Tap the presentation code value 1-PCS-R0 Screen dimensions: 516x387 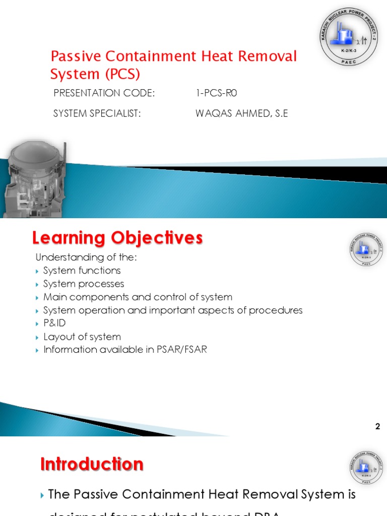click(x=216, y=93)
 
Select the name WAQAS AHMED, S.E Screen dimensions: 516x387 click(x=241, y=113)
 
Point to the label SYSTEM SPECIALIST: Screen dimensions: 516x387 click(x=97, y=113)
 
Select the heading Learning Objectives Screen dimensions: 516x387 click(x=117, y=237)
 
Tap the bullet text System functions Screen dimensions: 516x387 click(x=82, y=271)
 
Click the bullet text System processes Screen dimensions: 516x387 click(x=83, y=284)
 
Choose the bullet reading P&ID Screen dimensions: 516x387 click(x=54, y=323)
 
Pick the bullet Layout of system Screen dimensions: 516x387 click(x=82, y=337)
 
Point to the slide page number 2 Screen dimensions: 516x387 click(x=377, y=427)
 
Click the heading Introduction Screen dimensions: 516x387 click(x=92, y=464)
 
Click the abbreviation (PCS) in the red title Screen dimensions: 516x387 click(x=122, y=74)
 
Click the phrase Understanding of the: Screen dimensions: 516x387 click(x=86, y=257)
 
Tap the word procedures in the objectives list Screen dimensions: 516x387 click(x=278, y=310)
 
